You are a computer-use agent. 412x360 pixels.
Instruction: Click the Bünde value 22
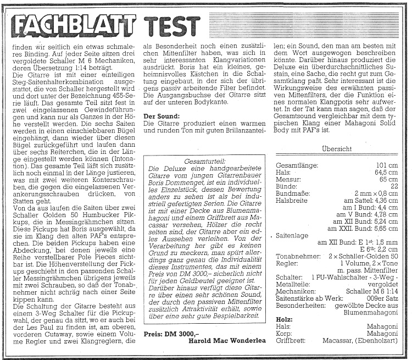pyautogui.click(x=394, y=186)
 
